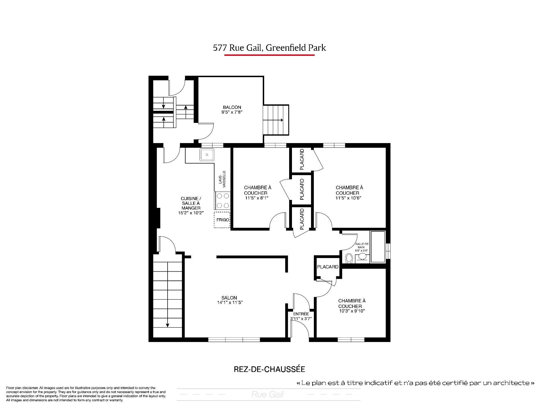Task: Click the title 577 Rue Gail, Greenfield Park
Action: pyautogui.click(x=269, y=48)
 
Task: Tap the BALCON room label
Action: pyautogui.click(x=232, y=107)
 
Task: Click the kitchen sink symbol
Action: pyautogui.click(x=207, y=155)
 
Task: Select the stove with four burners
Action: pyautogui.click(x=223, y=201)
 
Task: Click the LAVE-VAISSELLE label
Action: pyautogui.click(x=222, y=179)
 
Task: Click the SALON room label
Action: pyautogui.click(x=229, y=298)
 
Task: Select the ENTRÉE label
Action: pyautogui.click(x=301, y=314)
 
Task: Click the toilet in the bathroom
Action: pyautogui.click(x=349, y=258)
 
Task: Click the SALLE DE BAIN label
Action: pyautogui.click(x=362, y=246)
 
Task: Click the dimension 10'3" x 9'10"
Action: pyautogui.click(x=352, y=311)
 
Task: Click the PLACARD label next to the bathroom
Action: pyautogui.click(x=328, y=267)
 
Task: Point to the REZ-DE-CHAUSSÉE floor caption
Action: pyautogui.click(x=269, y=369)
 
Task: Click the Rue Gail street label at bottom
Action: pyautogui.click(x=267, y=394)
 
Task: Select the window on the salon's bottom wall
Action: pyautogui.click(x=234, y=339)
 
